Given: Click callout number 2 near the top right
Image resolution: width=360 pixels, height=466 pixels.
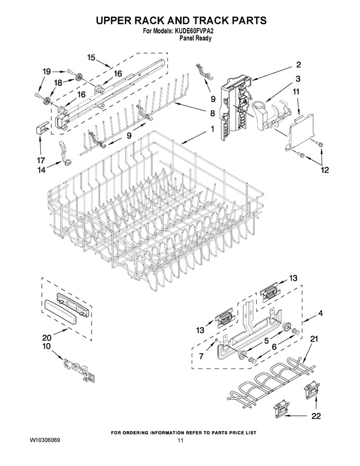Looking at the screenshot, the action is [298, 65].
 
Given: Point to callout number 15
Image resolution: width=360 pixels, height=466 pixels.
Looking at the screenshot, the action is [91, 57].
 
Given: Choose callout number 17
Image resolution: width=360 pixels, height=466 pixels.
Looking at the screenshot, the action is [41, 161].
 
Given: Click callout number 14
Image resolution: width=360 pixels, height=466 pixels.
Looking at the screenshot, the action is [41, 170].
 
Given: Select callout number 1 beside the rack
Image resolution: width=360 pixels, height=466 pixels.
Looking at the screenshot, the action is [212, 129].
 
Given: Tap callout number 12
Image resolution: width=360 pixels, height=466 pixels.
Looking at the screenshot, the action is [325, 170].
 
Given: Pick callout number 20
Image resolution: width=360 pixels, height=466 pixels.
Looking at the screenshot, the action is [47, 337].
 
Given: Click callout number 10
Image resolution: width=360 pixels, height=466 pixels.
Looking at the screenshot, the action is [47, 346].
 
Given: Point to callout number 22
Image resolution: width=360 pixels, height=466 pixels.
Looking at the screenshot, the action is [316, 416].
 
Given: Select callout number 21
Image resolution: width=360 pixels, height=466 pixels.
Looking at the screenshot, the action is [313, 339].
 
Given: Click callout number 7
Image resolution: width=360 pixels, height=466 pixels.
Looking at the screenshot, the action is [201, 356].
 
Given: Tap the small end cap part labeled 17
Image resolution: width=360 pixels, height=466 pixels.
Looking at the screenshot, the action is [41, 130].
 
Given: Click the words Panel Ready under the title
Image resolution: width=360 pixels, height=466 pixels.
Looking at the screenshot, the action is [195, 38].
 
